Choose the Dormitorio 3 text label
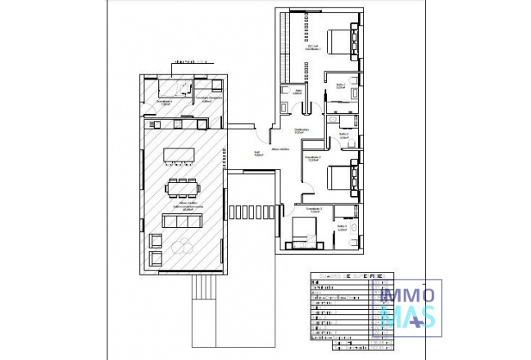point(312,210)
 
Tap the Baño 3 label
point(342,227)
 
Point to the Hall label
point(256,153)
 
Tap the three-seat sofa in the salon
point(180,221)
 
